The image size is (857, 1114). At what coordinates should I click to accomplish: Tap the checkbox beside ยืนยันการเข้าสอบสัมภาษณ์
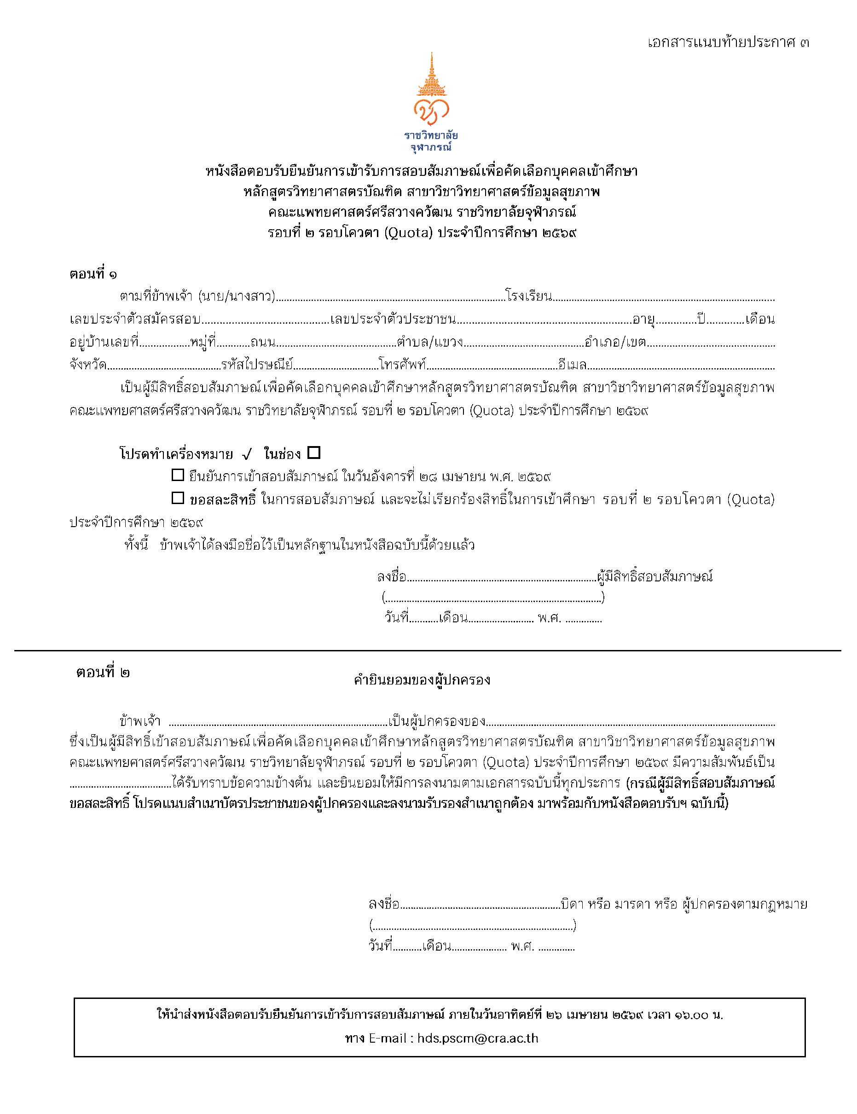pos(178,476)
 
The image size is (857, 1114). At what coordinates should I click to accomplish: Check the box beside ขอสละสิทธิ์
pos(178,499)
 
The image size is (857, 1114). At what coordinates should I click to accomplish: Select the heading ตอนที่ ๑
pos(93,274)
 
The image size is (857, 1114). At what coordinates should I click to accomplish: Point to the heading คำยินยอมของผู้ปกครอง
pos(422,680)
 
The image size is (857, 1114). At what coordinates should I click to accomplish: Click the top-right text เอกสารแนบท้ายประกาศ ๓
pos(728,42)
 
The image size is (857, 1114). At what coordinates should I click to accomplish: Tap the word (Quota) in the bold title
pos(408,233)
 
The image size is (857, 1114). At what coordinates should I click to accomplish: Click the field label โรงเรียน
pos(528,296)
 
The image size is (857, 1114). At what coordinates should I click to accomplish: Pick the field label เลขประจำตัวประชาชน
pos(393,319)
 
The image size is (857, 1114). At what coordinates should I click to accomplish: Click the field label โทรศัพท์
pos(402,365)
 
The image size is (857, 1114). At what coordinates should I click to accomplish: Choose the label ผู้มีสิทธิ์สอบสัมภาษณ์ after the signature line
pos(654,577)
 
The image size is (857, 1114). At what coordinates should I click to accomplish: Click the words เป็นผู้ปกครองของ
pos(437,721)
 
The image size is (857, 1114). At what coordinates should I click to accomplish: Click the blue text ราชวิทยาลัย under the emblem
pos(431,136)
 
